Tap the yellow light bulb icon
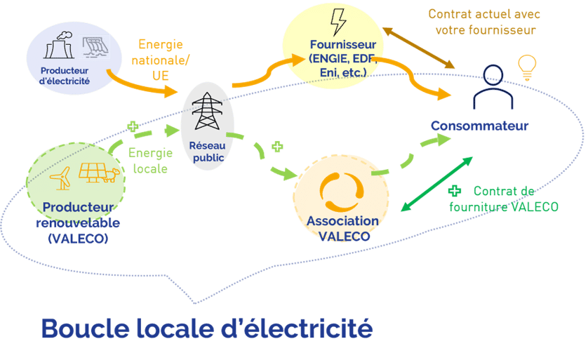(526, 67)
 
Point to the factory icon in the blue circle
(59, 46)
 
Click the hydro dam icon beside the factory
(94, 46)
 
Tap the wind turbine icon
(62, 178)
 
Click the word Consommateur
(479, 126)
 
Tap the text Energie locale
(148, 159)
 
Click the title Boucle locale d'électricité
(206, 328)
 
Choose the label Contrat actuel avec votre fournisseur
(485, 22)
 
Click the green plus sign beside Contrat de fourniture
(455, 190)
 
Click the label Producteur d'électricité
(65, 75)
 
